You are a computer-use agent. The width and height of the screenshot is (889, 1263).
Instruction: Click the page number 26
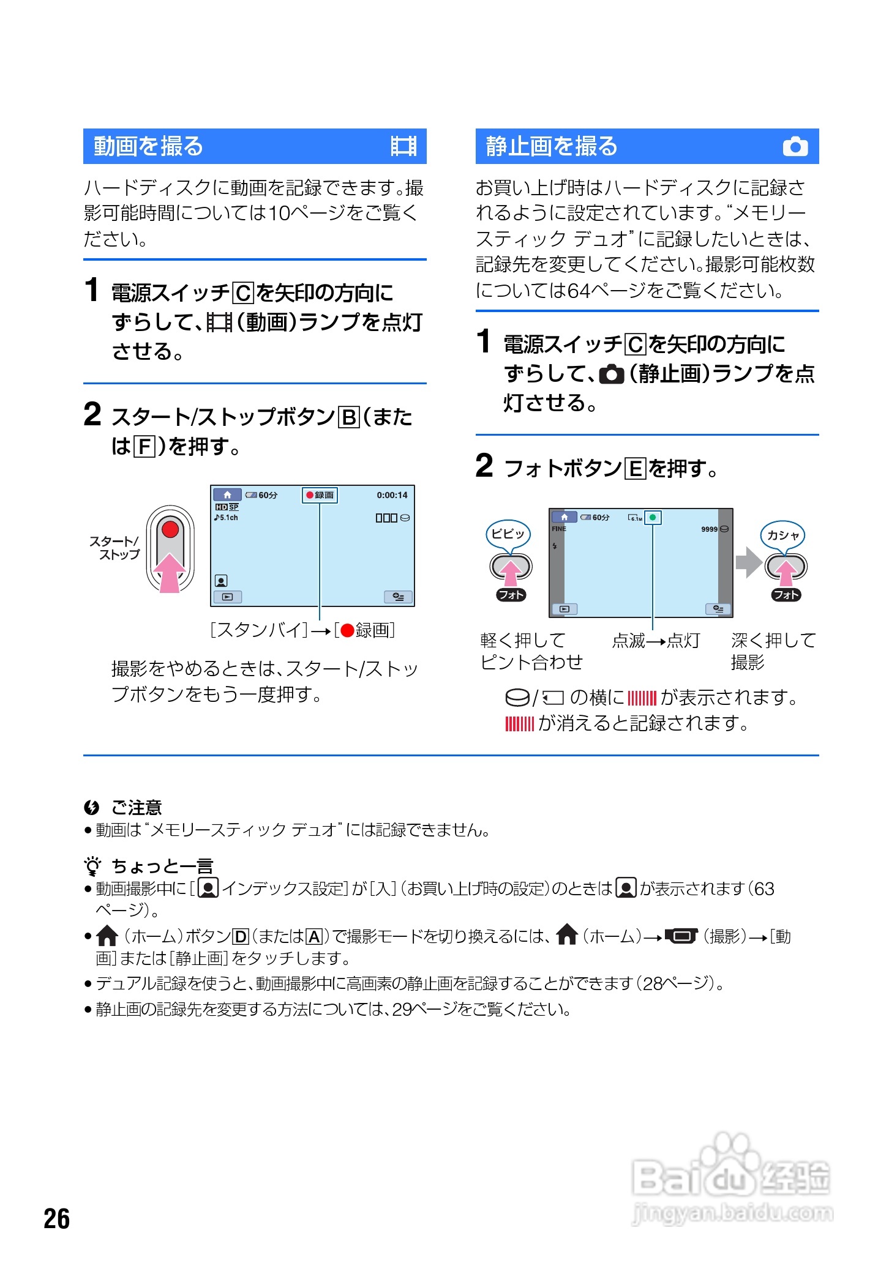56,1218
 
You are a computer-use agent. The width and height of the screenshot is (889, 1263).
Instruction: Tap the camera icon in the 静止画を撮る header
795,146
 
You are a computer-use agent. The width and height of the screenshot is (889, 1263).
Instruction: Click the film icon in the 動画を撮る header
403,146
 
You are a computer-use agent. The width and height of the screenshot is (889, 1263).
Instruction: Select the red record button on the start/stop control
170,529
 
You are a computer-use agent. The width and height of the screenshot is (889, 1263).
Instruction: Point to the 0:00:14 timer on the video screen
392,495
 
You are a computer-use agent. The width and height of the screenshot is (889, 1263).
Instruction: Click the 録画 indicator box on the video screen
320,495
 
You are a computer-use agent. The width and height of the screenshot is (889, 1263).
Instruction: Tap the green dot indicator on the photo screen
653,518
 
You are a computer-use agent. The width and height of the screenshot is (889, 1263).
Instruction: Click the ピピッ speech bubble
508,534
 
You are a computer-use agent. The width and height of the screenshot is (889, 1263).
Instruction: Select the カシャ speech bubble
783,535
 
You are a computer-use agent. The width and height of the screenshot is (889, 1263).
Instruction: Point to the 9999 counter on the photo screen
709,529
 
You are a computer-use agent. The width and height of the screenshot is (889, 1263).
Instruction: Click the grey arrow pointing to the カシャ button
748,562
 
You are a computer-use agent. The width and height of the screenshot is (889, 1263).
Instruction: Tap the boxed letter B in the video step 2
349,417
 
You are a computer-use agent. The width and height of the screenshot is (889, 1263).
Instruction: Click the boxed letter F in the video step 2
144,447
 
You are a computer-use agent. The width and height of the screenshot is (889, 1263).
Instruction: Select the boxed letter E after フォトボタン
635,469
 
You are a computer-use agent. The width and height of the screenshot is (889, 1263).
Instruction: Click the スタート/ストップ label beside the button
115,548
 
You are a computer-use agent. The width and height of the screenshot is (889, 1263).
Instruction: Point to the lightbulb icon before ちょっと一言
92,866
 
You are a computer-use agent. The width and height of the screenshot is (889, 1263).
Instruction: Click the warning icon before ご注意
92,808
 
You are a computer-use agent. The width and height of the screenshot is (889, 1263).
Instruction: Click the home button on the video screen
227,495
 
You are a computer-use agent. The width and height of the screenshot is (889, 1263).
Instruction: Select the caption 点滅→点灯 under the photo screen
656,641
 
